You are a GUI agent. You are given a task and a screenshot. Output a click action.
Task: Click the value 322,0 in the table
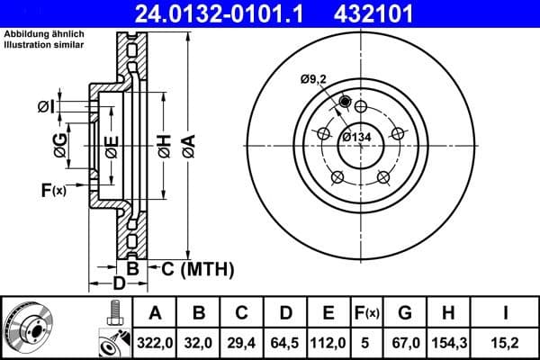pos(156,342)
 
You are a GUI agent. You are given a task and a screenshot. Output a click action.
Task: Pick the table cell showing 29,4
pos(242,342)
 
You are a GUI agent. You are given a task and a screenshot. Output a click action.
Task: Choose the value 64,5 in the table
pos(285,342)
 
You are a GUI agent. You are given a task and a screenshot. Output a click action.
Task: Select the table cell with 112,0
pos(328,342)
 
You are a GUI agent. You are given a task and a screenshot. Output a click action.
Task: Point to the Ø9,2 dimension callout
pos(314,79)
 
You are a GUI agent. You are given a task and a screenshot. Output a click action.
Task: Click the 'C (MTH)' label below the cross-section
pos(196,268)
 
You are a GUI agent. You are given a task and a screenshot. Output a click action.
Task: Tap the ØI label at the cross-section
pos(46,107)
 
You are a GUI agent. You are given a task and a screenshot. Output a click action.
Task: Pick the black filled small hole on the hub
pos(345,101)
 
